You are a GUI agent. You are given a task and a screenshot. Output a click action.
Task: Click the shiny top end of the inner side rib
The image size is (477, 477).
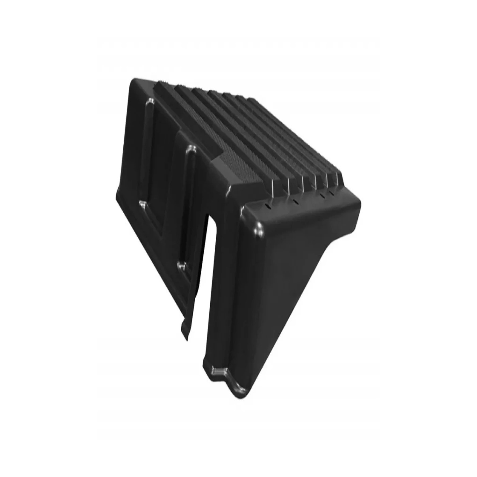pos(191,149)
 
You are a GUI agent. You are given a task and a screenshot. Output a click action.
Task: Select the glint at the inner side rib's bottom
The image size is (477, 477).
pos(182,266)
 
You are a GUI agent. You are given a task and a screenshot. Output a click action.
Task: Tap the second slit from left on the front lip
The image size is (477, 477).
pos(295,202)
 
